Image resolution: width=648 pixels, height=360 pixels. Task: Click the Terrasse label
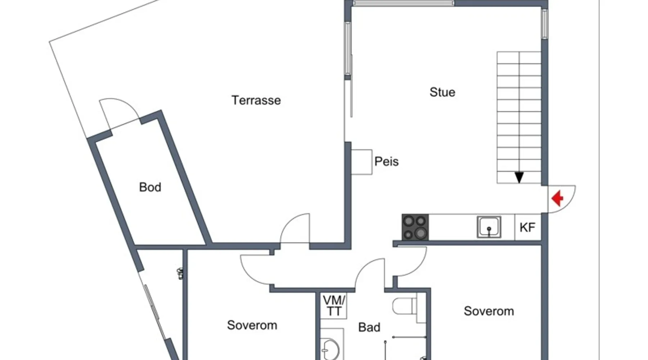pos(256,100)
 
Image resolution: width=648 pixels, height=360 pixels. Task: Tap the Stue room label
pos(442,92)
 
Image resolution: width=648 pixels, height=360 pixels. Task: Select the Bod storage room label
pos(150,187)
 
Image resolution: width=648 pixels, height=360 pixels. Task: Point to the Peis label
pos(386,161)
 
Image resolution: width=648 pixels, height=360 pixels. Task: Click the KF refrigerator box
pos(528,227)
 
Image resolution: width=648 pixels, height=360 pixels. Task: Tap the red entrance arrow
pos(558,198)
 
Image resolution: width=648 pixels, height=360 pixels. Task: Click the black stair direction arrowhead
pos(519,177)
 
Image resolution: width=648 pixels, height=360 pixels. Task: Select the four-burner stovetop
pos(415,227)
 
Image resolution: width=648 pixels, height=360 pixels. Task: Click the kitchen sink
pos(489,227)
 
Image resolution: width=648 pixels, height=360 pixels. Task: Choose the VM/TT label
pos(334,306)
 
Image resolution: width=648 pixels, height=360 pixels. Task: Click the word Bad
pos(369,327)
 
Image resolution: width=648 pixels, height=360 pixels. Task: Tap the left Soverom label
pos(252,325)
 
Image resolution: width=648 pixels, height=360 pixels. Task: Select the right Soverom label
pos(489,311)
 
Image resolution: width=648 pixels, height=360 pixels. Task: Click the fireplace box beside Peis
pos(361,162)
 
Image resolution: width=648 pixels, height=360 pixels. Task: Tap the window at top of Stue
pos(403,3)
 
